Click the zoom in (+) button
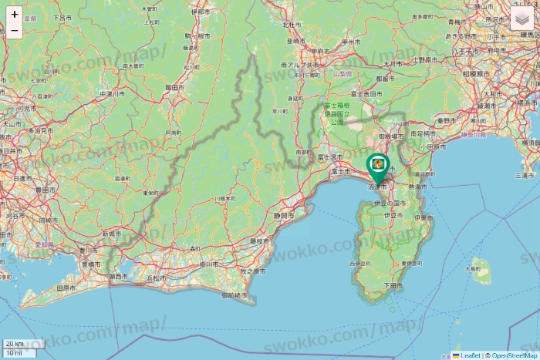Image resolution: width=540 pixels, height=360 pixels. [15, 14]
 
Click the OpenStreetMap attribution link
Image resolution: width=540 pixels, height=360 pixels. [514, 355]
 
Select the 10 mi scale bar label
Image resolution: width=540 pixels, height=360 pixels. [13, 352]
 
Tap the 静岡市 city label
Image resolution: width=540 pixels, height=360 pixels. [285, 216]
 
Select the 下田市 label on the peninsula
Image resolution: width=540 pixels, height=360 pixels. [393, 285]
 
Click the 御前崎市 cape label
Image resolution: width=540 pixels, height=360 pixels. [235, 295]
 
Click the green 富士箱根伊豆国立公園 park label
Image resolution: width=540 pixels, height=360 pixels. [336, 113]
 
